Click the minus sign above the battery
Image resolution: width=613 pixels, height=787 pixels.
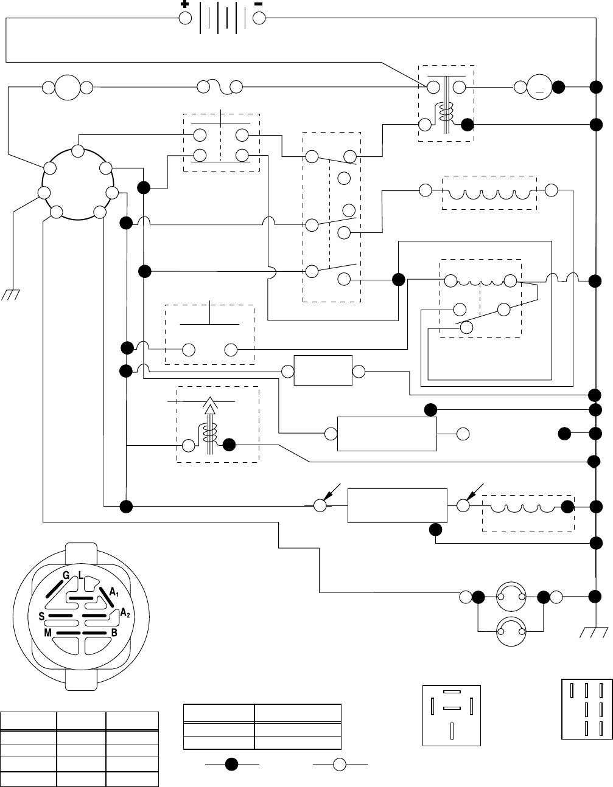tap(258, 4)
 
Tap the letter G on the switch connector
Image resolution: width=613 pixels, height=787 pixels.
tap(65, 575)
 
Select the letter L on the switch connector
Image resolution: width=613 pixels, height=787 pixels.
tap(80, 575)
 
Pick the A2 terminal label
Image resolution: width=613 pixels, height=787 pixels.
tap(125, 613)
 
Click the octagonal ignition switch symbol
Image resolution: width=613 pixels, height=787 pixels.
tap(77, 182)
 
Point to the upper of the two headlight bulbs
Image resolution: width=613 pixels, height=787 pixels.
tap(511, 597)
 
